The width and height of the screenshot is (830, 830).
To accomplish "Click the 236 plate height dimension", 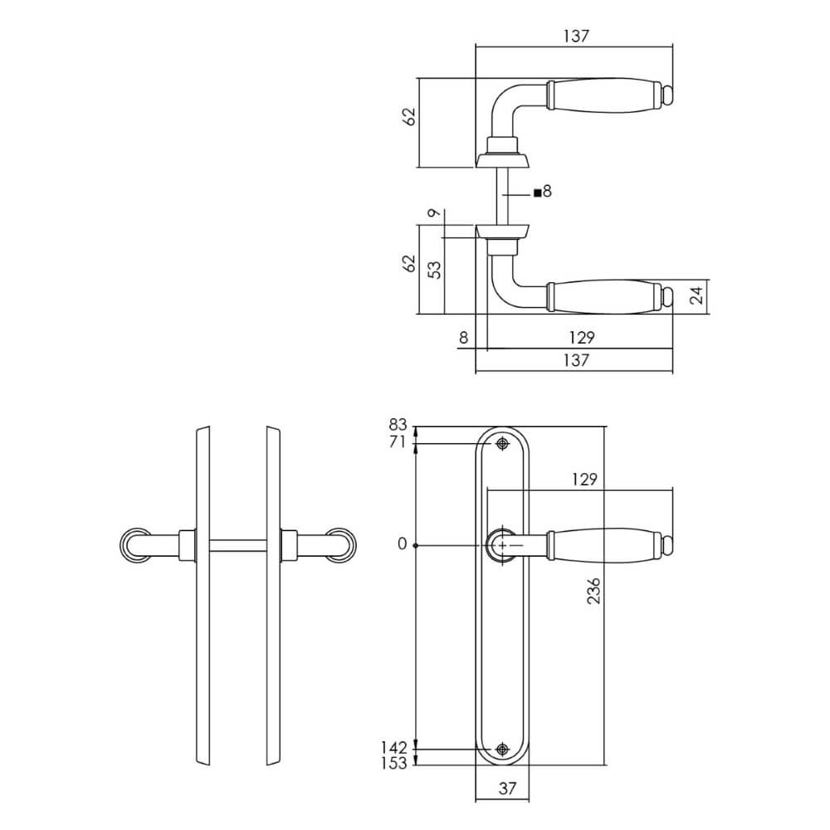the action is tap(594, 591).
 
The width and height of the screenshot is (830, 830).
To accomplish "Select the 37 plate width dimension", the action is tap(507, 788).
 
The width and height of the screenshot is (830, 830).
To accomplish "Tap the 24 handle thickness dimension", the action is tap(698, 295).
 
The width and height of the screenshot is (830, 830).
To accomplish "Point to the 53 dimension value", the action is tap(434, 270).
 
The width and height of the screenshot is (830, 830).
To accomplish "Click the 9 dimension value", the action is tap(434, 212).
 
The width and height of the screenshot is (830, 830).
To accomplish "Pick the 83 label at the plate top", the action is tap(398, 424).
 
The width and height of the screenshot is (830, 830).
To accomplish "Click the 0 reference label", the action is tap(403, 544).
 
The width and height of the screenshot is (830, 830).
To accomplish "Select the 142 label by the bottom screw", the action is tap(393, 748).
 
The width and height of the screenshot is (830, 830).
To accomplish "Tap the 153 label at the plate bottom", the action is tap(393, 764).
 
